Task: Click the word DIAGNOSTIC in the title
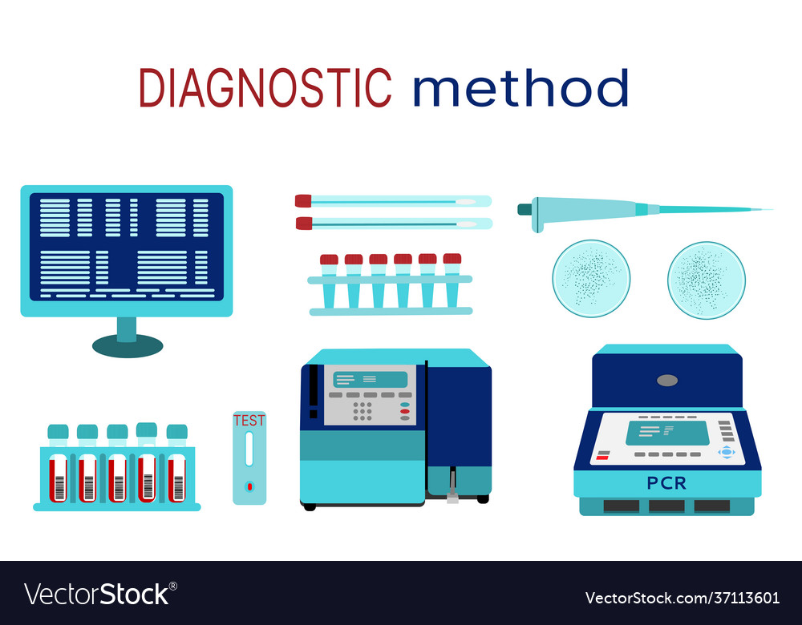tap(265, 87)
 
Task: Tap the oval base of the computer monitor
tap(128, 345)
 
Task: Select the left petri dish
tap(591, 279)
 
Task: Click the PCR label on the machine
tap(666, 483)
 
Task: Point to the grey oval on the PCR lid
tap(667, 380)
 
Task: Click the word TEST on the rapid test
tap(249, 420)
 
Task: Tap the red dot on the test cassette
tap(249, 486)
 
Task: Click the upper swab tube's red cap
tap(303, 201)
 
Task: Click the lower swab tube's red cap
tap(304, 223)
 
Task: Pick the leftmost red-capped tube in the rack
tap(329, 260)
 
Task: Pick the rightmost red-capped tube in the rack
tap(452, 259)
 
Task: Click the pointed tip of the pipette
tap(770, 210)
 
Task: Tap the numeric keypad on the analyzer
tap(363, 410)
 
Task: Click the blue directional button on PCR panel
tap(727, 452)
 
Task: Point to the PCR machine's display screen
tap(667, 433)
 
